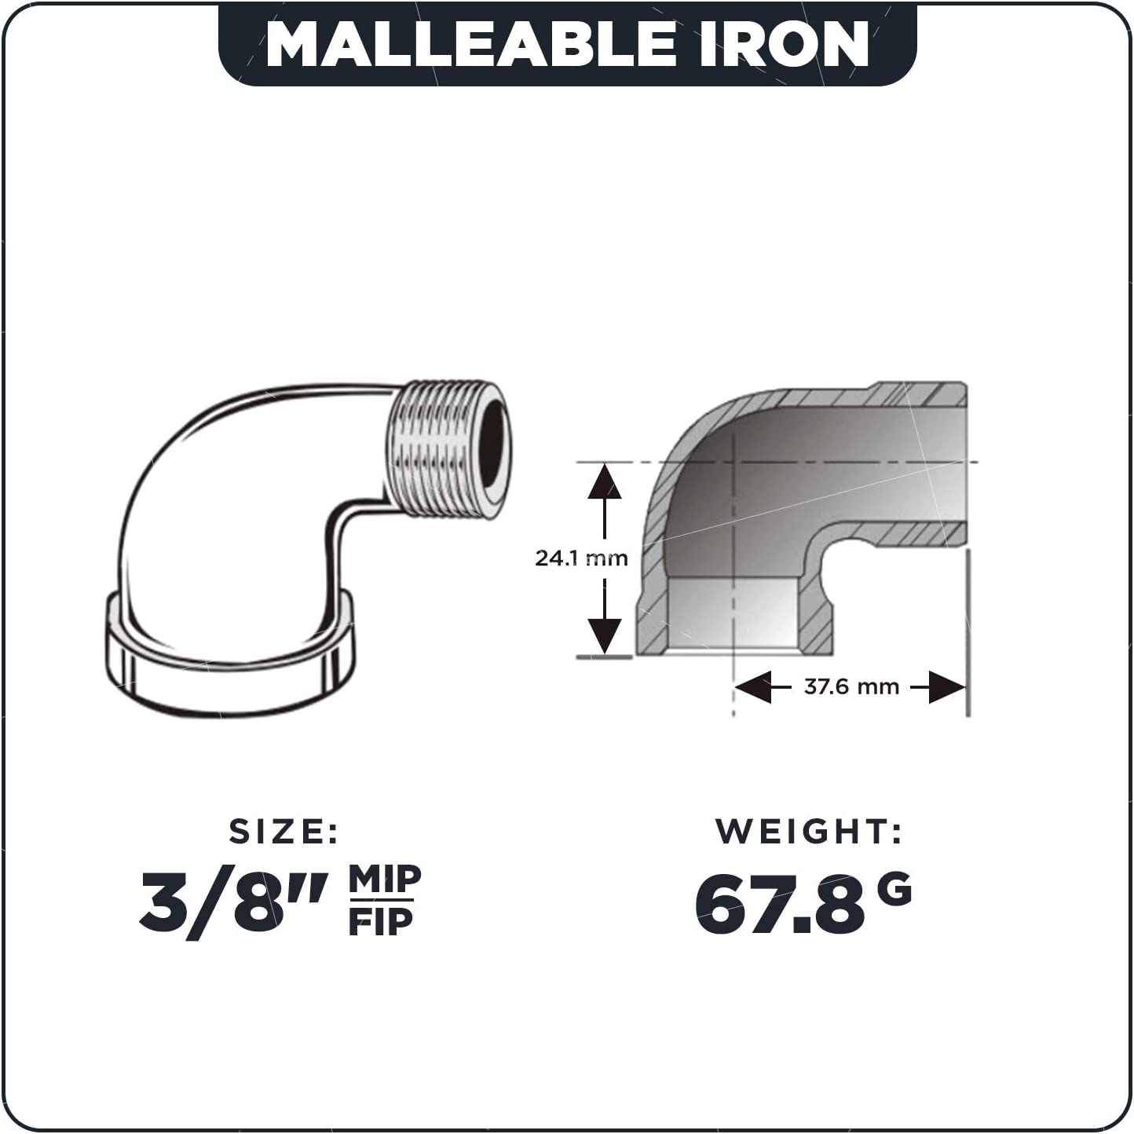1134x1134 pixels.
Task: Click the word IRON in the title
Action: (x=783, y=45)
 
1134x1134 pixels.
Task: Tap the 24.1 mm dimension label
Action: (x=581, y=558)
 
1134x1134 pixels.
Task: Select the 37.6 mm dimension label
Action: (x=851, y=686)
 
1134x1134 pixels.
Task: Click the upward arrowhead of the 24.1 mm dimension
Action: (x=605, y=481)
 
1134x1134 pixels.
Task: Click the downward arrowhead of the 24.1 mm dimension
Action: (x=605, y=635)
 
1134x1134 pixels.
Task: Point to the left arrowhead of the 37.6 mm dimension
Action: (x=753, y=686)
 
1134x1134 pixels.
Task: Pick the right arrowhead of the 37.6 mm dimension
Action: (x=947, y=686)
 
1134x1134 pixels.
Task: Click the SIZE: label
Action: (x=283, y=832)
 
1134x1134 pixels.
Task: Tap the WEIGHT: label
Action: (x=809, y=832)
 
